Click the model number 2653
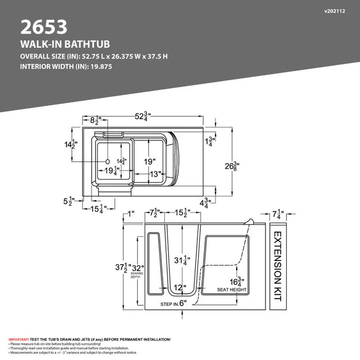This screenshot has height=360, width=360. pyautogui.click(x=44, y=26)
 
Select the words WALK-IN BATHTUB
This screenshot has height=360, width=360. pyautogui.click(x=64, y=44)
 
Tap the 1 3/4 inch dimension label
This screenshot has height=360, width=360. pyautogui.click(x=210, y=141)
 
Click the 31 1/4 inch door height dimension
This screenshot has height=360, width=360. pyautogui.click(x=181, y=260)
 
